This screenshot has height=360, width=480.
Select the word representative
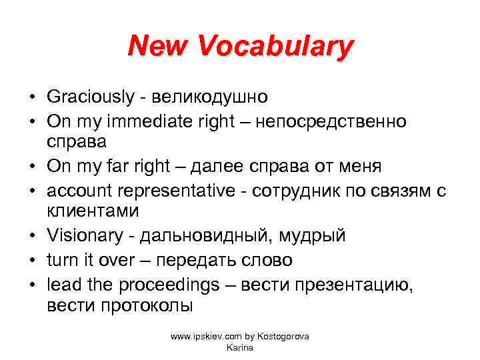pyautogui.click(x=173, y=191)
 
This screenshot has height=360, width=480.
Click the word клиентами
pyautogui.click(x=93, y=212)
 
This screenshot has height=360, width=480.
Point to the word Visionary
pyautogui.click(x=84, y=236)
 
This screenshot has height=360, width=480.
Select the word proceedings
pyautogui.click(x=169, y=284)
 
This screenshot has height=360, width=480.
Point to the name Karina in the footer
pyautogui.click(x=239, y=347)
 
